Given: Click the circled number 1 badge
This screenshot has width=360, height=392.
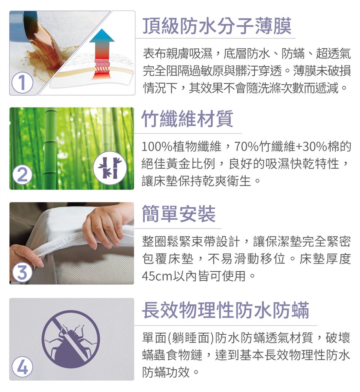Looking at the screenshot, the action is click(22, 83).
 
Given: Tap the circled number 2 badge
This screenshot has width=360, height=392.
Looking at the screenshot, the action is click(22, 175).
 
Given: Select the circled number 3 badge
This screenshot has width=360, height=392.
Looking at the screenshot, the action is click(22, 272).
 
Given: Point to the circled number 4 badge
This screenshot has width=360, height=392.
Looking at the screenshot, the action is click(22, 367).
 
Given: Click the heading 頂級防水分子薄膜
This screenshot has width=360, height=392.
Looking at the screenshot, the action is click(217, 26).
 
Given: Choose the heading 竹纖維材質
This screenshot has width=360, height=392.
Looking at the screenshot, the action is click(187, 118).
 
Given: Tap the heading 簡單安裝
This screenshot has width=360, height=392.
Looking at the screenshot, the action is click(178, 214).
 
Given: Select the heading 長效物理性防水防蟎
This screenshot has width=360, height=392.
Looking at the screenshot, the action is click(225, 310).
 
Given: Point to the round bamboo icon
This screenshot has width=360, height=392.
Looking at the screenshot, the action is click(110, 168).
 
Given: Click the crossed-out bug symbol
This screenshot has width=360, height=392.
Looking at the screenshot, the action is click(71, 339).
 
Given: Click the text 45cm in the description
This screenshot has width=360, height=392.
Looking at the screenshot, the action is click(157, 276).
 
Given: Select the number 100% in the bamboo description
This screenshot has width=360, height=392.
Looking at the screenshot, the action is click(157, 147).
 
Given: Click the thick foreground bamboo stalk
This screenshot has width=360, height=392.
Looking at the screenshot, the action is click(51, 148).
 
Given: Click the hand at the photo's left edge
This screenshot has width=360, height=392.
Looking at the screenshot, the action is click(25, 260).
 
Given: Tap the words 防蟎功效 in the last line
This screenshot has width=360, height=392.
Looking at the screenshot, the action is click(166, 372).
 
